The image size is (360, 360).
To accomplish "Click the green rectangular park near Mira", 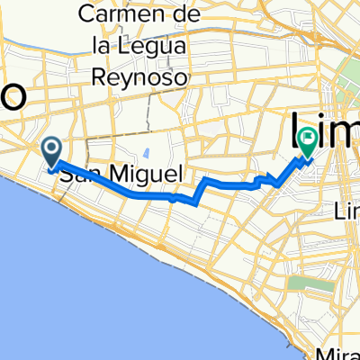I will pyautogui.click(x=299, y=287).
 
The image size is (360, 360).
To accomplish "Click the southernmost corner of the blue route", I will pyautogui.click(x=194, y=202).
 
